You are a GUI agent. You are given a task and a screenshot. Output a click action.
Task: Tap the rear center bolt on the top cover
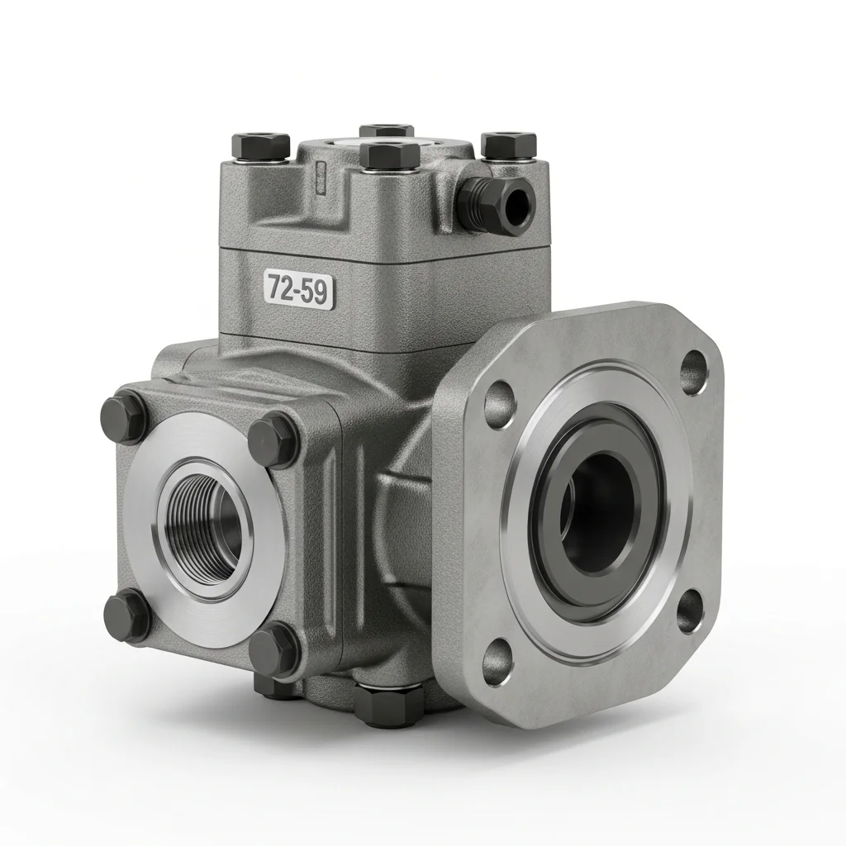387,130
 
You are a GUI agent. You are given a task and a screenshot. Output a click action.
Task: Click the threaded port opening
205,517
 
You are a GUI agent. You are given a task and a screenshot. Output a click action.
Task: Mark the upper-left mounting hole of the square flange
499,404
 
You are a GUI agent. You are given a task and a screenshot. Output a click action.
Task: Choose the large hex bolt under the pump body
388,702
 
